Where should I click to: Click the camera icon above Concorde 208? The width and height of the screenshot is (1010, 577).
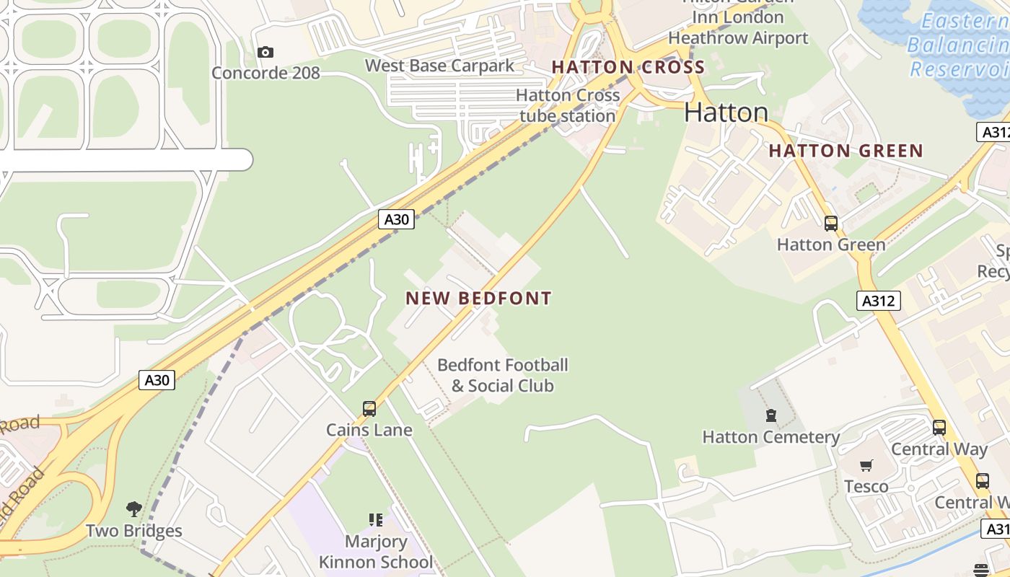(265, 52)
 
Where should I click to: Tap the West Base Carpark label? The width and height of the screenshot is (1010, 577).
(439, 66)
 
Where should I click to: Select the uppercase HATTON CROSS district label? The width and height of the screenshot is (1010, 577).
(628, 68)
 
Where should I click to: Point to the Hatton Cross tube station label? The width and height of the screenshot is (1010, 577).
(568, 105)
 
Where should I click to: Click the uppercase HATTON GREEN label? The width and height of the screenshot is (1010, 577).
(846, 151)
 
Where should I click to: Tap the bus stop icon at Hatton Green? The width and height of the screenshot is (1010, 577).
(831, 224)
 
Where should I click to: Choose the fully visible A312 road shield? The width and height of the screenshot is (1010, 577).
(879, 301)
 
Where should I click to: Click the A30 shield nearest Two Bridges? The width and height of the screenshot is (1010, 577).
(157, 380)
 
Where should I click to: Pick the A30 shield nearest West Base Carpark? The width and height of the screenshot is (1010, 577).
(396, 219)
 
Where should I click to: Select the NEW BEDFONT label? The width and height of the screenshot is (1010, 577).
(478, 298)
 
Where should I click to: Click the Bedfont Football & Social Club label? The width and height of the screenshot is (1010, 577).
(503, 375)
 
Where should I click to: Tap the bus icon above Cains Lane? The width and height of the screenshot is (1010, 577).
(369, 409)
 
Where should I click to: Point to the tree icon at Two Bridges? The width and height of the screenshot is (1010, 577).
(133, 509)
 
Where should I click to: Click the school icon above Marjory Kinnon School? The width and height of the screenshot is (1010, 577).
(375, 519)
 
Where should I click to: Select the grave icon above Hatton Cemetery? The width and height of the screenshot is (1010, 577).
(770, 415)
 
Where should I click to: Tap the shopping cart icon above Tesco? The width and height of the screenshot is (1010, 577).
(866, 466)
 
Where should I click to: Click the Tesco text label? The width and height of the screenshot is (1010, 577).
(866, 486)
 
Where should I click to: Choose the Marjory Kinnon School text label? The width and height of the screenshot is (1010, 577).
(375, 552)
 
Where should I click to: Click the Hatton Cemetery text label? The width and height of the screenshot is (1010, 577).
(770, 437)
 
